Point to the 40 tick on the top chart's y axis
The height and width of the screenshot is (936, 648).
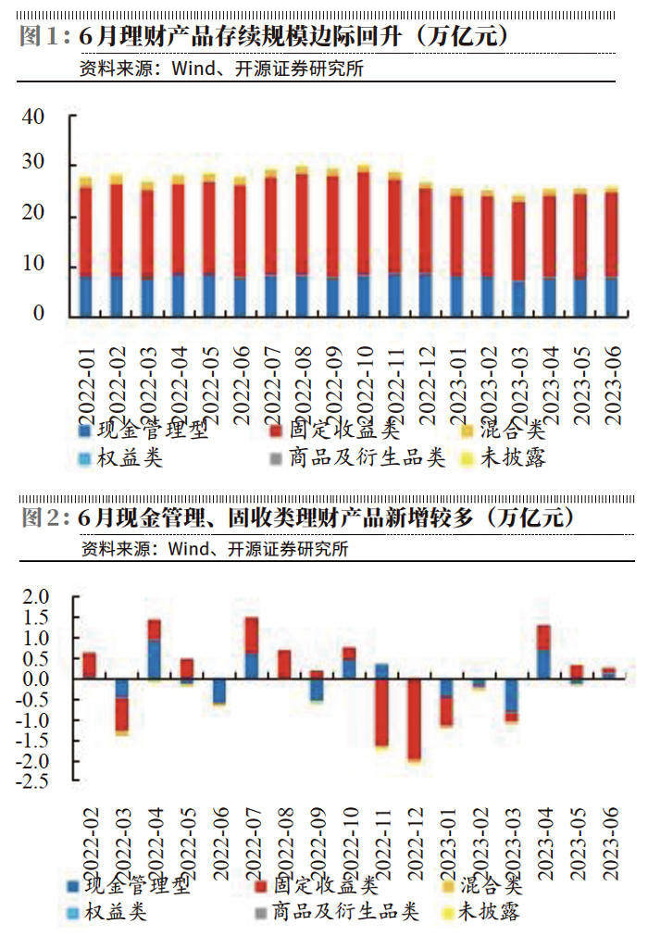coord(33,118)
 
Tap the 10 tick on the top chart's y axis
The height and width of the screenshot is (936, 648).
coord(33,265)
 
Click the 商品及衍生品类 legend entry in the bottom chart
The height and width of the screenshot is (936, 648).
coord(337,912)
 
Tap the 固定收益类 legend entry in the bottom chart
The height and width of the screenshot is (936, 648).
coord(310,886)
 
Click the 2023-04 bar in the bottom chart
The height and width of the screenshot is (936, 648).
coord(543,652)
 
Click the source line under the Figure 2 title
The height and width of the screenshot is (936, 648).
coord(214,549)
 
